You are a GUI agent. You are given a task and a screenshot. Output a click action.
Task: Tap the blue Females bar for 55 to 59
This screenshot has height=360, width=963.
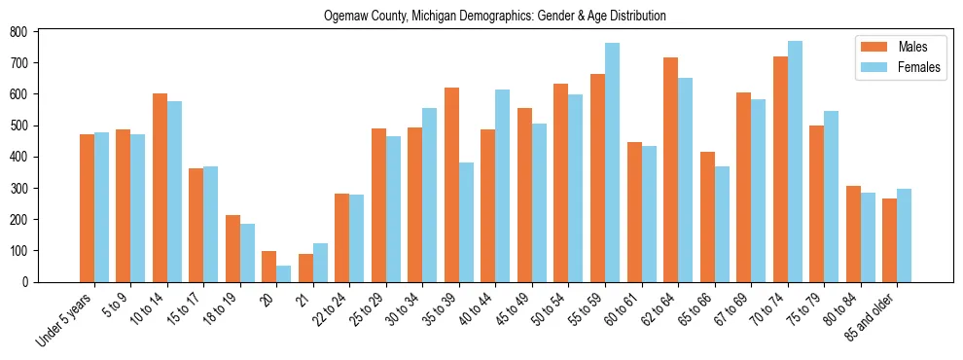coord(612,162)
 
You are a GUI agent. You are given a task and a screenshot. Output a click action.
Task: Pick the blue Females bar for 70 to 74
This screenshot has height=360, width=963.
coord(795,162)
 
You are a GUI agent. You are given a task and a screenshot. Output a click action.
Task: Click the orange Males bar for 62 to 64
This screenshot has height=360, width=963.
coord(670,169)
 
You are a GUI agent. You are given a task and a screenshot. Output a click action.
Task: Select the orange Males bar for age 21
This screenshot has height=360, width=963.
coord(305,268)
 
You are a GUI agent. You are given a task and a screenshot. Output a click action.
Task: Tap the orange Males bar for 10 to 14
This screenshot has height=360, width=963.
coord(160,188)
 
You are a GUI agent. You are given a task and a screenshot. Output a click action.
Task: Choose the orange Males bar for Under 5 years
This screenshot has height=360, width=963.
coord(87,208)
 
